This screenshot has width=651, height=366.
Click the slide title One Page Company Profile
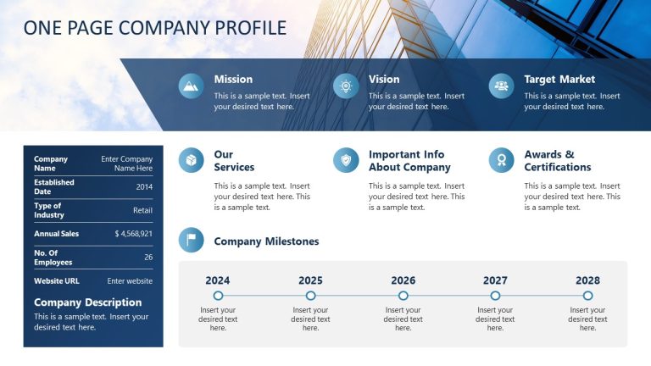point(155,28)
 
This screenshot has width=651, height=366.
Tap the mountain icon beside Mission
point(191,86)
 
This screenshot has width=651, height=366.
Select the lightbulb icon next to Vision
point(346,86)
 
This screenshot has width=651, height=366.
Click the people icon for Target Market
point(501,86)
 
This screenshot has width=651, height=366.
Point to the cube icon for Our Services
point(191,160)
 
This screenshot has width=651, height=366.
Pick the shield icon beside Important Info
point(346,160)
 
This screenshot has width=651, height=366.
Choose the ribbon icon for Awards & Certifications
point(501,160)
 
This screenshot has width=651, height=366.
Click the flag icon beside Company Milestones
point(191,241)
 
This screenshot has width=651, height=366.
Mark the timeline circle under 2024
point(218,296)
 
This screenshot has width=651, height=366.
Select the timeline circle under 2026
point(403,296)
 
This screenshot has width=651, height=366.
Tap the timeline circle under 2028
point(587,296)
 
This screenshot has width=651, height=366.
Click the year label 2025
point(310,280)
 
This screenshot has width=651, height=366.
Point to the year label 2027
point(495,280)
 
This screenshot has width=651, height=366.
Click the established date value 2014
point(144,186)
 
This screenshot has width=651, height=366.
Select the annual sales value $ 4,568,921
point(134,233)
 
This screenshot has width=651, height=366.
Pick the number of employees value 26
point(148,257)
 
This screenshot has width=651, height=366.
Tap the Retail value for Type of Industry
point(142,210)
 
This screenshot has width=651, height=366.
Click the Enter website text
point(130,280)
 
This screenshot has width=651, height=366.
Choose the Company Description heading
point(87,302)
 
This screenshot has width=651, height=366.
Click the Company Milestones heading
point(266,241)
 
